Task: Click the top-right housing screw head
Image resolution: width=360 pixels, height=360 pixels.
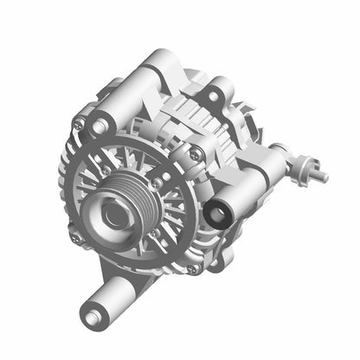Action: (198, 153)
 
